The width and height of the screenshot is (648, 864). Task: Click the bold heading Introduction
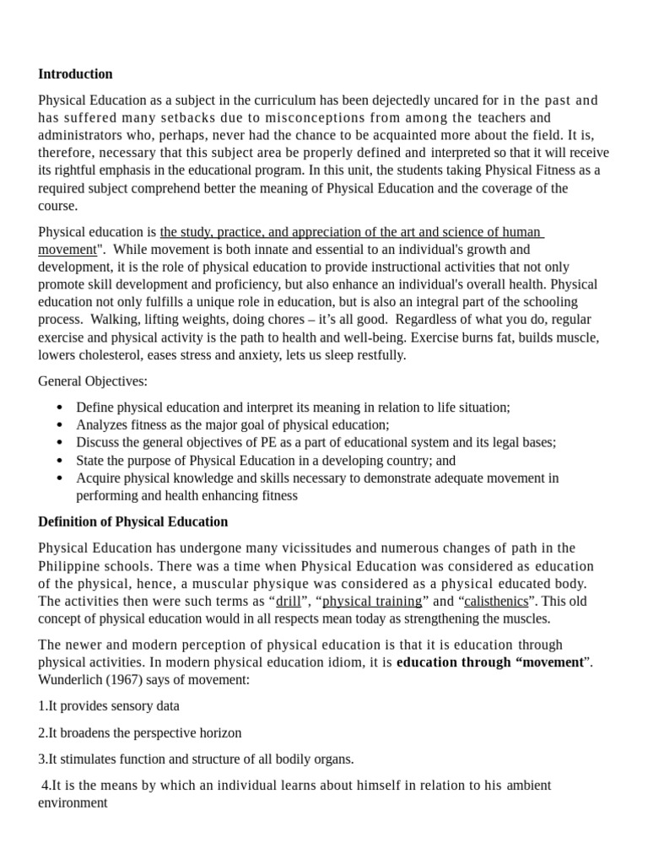click(75, 74)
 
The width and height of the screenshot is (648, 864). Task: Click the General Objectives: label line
click(93, 381)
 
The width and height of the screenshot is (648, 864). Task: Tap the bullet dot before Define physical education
click(59, 408)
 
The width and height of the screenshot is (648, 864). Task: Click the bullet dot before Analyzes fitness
click(59, 425)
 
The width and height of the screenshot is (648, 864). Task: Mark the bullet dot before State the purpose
click(59, 461)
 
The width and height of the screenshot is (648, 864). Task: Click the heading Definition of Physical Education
click(132, 521)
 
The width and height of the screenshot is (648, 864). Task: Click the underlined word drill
click(288, 602)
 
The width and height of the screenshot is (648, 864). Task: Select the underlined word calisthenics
click(496, 602)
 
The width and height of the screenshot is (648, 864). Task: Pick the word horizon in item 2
click(220, 732)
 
